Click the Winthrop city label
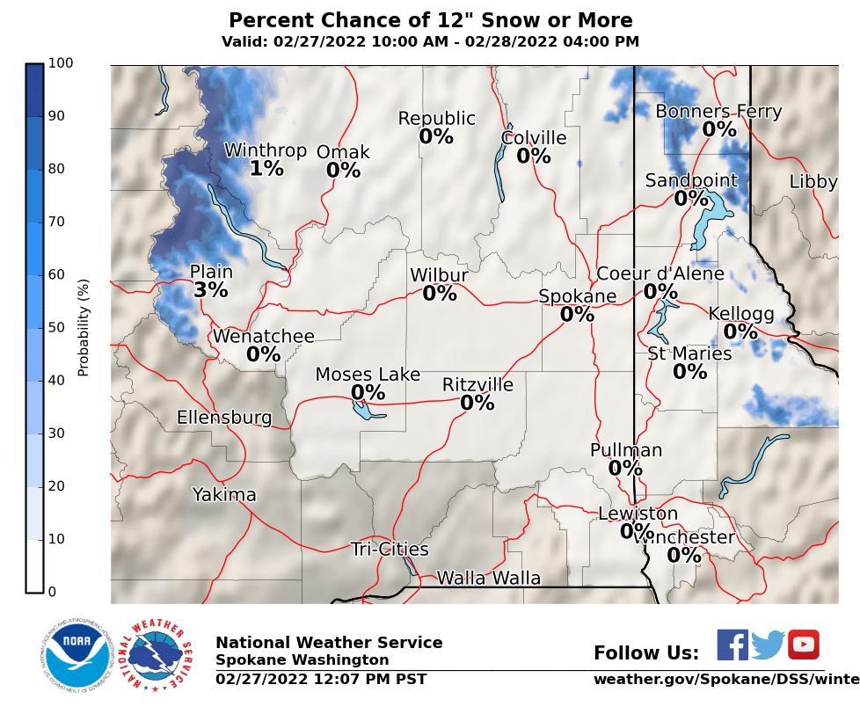pyautogui.click(x=265, y=150)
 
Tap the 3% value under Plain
pyautogui.click(x=211, y=290)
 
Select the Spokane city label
pyautogui.click(x=577, y=296)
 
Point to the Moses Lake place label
pyautogui.click(x=368, y=375)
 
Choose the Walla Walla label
pyautogui.click(x=488, y=578)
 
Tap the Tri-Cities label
pyautogui.click(x=390, y=550)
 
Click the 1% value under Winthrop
pyautogui.click(x=266, y=169)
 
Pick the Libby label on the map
pyautogui.click(x=813, y=182)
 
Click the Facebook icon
pyautogui.click(x=732, y=645)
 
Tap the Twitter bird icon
pyautogui.click(x=768, y=645)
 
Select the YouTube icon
pyautogui.click(x=803, y=645)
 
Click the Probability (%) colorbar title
pyautogui.click(x=84, y=327)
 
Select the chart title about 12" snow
pyautogui.click(x=430, y=20)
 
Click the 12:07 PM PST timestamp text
pyautogui.click(x=321, y=679)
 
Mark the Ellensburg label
pyautogui.click(x=224, y=417)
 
